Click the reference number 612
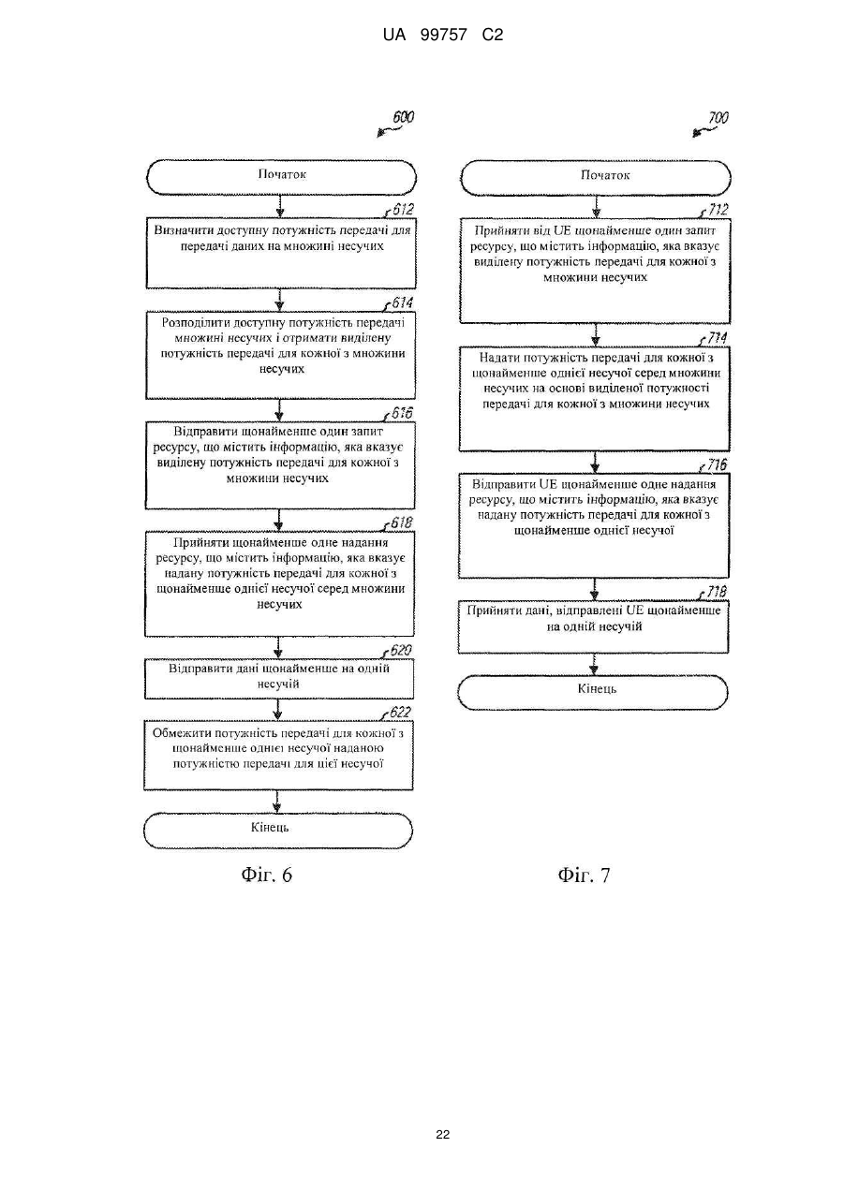[403, 209]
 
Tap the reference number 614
[402, 302]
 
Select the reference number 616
[402, 414]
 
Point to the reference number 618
[401, 523]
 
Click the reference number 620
[400, 651]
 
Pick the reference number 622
[400, 713]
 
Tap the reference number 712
[718, 210]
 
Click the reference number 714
[717, 338]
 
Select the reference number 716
[717, 465]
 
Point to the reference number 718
[717, 593]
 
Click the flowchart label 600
[403, 117]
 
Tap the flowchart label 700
[718, 118]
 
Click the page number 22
[442, 1135]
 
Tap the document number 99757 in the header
[444, 36]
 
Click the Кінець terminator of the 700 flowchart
[593, 692]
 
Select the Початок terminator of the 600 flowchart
[281, 177]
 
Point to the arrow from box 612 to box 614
[280, 301]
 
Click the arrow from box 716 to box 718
[594, 589]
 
